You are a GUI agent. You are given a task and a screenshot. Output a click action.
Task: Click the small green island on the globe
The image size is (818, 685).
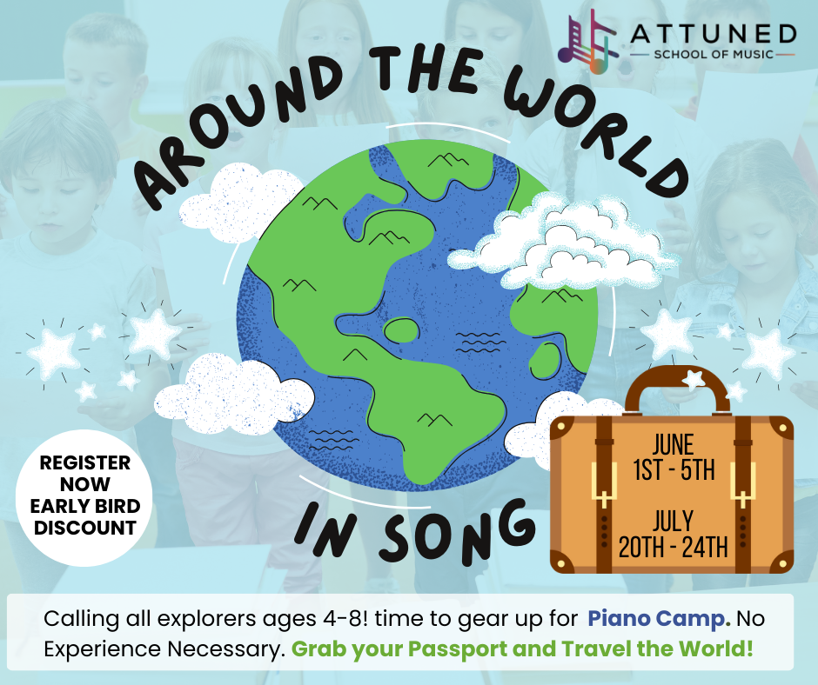[x=401, y=330]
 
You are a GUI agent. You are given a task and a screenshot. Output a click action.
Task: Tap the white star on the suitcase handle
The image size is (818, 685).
[x=694, y=378]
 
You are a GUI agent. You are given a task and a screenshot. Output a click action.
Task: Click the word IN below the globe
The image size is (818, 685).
[x=325, y=528]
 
